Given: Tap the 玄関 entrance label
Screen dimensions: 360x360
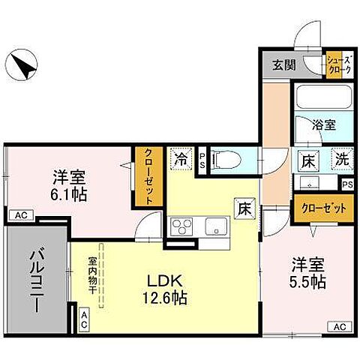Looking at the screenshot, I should click(x=284, y=64).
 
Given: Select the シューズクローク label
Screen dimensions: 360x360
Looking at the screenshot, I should click(x=337, y=64).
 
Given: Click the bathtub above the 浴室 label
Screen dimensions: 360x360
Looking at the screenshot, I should click(x=323, y=97).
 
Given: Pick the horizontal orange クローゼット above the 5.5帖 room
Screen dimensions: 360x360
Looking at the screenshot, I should click(x=323, y=208).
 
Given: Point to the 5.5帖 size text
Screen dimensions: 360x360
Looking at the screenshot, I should click(x=308, y=283).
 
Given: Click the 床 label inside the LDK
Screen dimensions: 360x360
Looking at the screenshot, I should click(x=244, y=209).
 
